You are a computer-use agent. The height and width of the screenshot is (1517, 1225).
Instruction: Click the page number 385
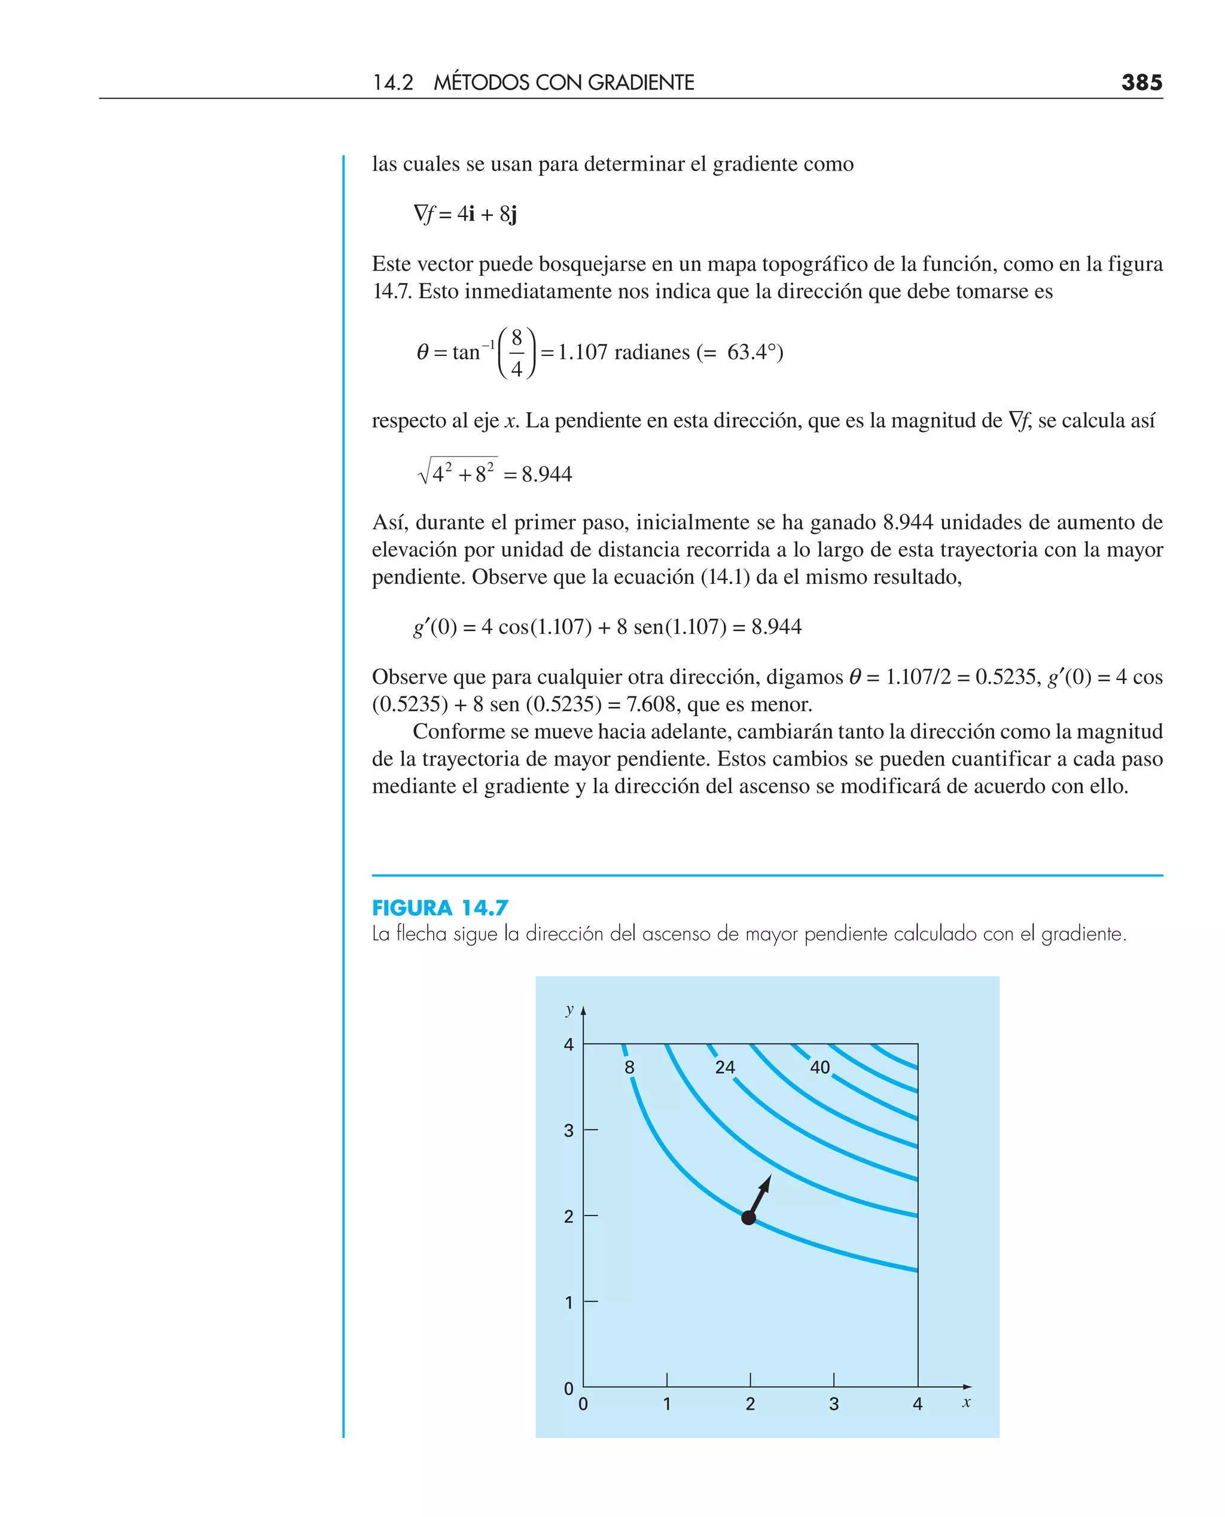tap(1141, 83)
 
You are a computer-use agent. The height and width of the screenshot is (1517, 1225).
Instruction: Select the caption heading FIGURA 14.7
tap(440, 907)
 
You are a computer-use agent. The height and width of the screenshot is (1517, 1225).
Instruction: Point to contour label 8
tap(629, 1068)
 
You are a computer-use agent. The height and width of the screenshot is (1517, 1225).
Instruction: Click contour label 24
tap(725, 1068)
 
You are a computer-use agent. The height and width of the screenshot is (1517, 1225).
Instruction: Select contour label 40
tap(819, 1068)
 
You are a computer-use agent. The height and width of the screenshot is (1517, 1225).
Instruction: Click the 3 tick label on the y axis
tap(569, 1131)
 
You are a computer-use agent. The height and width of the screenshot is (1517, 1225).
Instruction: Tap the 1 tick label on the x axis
tap(667, 1404)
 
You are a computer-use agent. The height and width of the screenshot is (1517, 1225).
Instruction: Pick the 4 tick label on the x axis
tap(918, 1404)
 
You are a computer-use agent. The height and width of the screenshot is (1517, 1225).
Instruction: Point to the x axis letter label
tap(966, 1403)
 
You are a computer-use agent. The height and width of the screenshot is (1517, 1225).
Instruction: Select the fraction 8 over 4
tap(517, 353)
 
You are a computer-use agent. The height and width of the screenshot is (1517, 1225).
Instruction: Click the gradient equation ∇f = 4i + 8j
tap(466, 214)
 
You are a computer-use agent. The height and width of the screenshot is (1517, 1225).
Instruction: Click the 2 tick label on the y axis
tap(569, 1217)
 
